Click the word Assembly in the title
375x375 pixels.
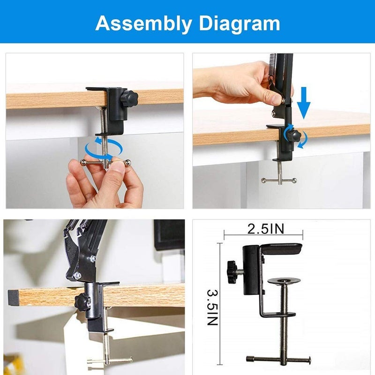[140, 22]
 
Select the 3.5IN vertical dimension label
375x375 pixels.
[212, 307]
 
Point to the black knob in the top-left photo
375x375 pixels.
[129, 99]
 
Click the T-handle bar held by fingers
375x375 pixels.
[105, 162]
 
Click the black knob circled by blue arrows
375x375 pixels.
[293, 136]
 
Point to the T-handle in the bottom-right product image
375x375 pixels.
[278, 359]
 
